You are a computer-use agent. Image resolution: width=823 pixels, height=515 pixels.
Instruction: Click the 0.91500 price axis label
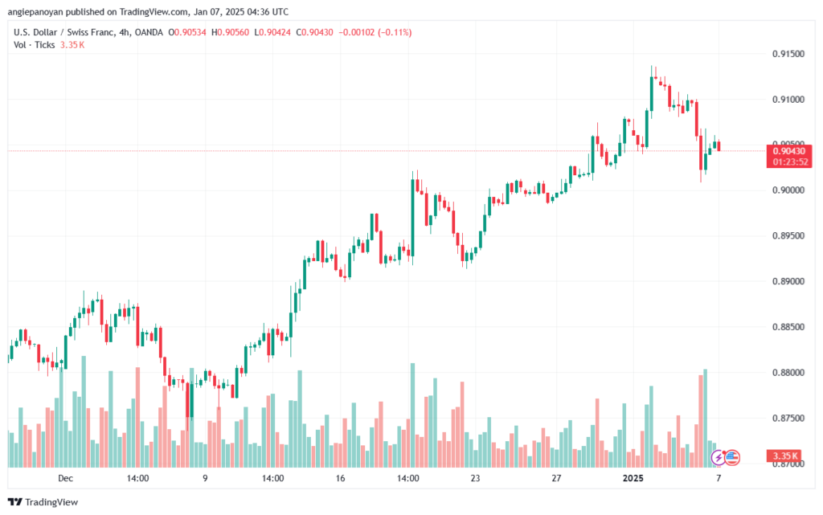tap(788, 54)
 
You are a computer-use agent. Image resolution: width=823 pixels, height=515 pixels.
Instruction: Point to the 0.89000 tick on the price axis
tap(788, 282)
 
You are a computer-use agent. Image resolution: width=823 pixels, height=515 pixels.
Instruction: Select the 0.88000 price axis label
tap(788, 373)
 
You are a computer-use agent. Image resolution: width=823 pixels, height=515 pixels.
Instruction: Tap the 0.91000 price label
tap(788, 100)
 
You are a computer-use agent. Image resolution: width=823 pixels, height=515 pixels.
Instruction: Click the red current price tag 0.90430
tap(789, 151)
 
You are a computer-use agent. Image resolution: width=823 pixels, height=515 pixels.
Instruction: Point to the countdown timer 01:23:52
tap(790, 162)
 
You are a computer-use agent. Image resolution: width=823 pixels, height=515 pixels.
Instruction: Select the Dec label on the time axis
tap(66, 478)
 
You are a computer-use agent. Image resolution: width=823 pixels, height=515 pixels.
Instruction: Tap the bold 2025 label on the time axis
tap(633, 478)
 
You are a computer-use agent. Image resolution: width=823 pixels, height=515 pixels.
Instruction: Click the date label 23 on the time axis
tap(475, 478)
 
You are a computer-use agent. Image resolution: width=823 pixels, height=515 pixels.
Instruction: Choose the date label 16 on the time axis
tap(340, 478)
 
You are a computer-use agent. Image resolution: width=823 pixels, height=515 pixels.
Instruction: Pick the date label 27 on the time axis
tap(556, 478)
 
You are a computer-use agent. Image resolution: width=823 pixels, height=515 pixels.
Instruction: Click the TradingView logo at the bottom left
tap(43, 502)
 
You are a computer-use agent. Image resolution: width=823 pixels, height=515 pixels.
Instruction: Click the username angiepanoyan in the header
tap(35, 12)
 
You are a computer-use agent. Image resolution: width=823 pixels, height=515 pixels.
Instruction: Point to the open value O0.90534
tap(186, 32)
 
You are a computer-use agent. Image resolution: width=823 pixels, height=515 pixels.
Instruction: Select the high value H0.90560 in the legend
tap(230, 32)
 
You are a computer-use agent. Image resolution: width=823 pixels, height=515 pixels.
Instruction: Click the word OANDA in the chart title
tap(149, 32)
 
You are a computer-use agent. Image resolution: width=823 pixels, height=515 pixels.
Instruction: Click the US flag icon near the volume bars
tap(732, 458)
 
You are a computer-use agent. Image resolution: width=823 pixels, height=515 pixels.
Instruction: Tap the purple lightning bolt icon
tap(718, 458)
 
